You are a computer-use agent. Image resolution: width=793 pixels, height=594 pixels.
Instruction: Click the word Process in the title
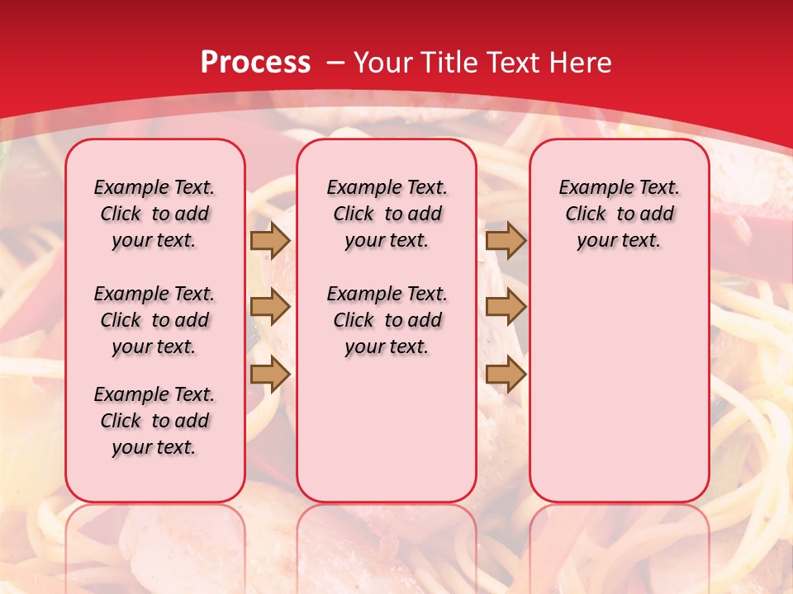pos(255,63)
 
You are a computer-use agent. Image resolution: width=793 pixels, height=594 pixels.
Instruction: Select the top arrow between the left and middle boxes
pos(269,241)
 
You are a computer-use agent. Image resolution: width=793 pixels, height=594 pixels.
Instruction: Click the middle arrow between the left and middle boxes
pos(269,307)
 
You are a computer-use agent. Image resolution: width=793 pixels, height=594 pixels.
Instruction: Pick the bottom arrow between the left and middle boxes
pos(269,374)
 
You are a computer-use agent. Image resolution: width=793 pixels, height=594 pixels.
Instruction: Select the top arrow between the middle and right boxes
pos(506,241)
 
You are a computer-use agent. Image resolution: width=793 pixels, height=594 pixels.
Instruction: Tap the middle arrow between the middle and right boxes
pos(506,307)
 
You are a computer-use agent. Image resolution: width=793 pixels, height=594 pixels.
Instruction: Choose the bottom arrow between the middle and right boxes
pos(506,374)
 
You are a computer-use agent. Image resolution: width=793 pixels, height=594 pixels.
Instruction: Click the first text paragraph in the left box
pos(154,214)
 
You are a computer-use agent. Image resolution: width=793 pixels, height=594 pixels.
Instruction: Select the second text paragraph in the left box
pos(154,320)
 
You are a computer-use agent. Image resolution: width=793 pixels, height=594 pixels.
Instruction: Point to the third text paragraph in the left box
pos(154,421)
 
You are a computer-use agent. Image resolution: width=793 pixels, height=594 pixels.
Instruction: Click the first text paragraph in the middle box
pos(387,214)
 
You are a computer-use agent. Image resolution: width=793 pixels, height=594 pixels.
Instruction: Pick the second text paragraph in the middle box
pos(387,320)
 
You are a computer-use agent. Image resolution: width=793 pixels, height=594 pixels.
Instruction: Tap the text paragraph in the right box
pos(620,214)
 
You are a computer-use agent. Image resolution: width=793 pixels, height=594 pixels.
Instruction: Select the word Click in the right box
pos(586,214)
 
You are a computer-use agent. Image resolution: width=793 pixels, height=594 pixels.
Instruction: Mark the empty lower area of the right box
pos(620,388)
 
